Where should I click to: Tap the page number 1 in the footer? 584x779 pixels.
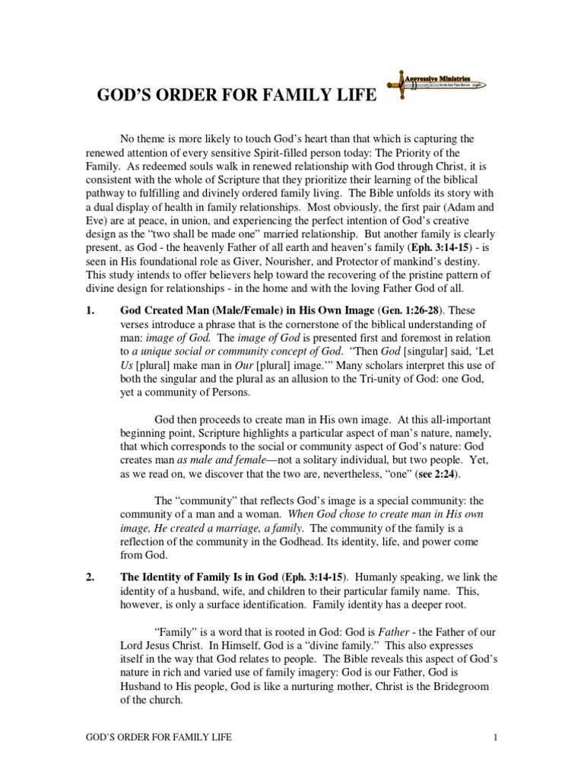pyautogui.click(x=495, y=738)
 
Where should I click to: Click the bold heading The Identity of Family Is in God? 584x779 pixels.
pyautogui.click(x=200, y=578)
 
